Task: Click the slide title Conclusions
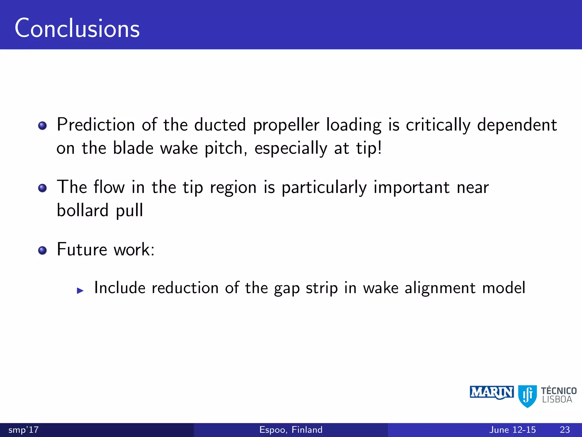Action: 77,28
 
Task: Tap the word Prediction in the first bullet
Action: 96,125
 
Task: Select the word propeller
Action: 286,125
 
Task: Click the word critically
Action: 438,125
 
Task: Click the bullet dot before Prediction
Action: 42,125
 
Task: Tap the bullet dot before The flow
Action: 42,188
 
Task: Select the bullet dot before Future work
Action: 42,250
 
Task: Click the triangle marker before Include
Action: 80,290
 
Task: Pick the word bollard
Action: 83,210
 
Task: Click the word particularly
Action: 324,188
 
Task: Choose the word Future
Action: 82,250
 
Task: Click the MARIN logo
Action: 492,393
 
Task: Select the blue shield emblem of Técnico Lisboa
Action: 527,396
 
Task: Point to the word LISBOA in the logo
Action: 557,400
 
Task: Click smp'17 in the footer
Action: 24,430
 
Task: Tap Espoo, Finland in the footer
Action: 291,430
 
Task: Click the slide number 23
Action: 565,430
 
